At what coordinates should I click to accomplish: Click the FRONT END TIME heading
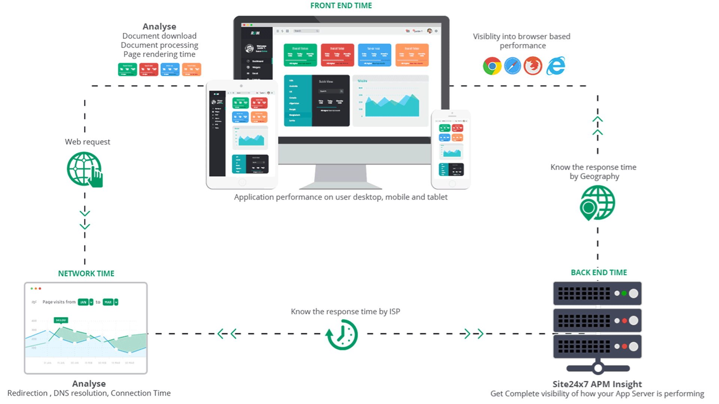click(341, 6)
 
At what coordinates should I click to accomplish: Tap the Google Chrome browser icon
click(492, 66)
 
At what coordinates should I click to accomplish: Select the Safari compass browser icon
click(512, 66)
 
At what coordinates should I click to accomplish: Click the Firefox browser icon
click(533, 66)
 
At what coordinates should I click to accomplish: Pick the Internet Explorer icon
click(556, 66)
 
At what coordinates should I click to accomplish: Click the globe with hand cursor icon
click(85, 169)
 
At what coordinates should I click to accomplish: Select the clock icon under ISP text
click(342, 334)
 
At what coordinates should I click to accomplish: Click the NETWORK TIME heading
click(86, 274)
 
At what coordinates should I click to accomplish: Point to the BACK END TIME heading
click(599, 273)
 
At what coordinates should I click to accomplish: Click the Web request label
click(87, 142)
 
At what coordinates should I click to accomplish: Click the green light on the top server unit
click(624, 293)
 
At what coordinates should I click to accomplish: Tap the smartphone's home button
click(452, 184)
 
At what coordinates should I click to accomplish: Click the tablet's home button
click(242, 183)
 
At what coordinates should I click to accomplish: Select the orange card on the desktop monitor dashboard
click(412, 55)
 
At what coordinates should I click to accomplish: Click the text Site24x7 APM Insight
click(597, 384)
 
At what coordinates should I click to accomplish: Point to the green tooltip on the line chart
click(61, 320)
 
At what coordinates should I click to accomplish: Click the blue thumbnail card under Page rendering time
click(170, 70)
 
